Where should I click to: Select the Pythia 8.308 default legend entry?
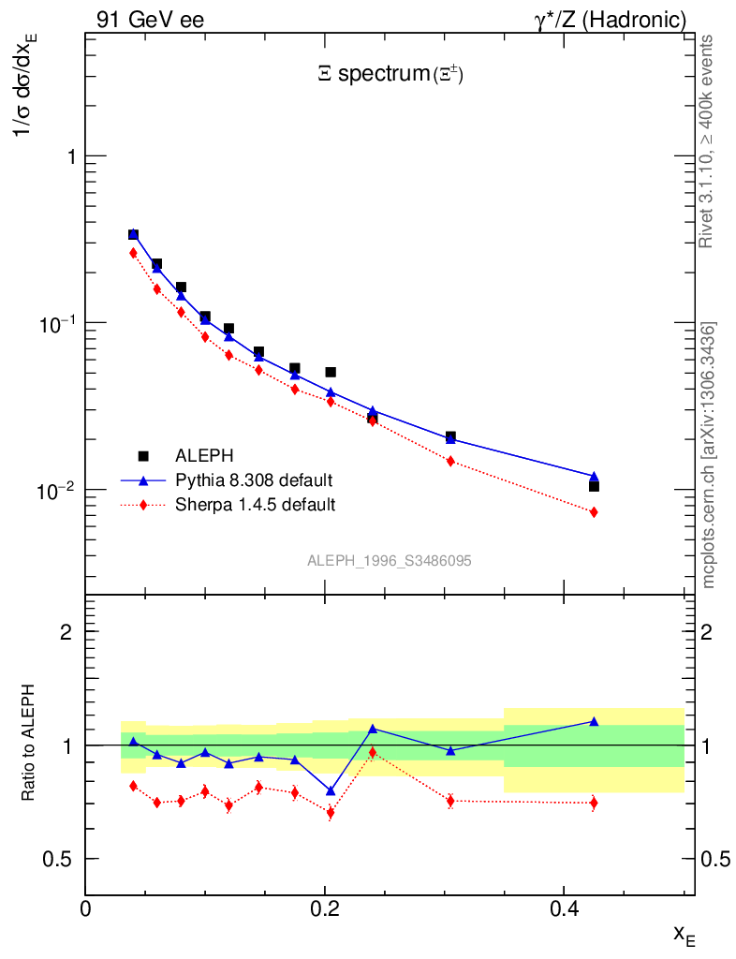pyautogui.click(x=254, y=480)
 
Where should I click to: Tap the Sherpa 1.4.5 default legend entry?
pyautogui.click(x=255, y=505)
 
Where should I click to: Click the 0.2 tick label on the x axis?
pyautogui.click(x=324, y=907)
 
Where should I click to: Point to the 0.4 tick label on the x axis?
pyautogui.click(x=563, y=907)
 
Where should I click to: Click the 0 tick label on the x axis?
pyautogui.click(x=86, y=907)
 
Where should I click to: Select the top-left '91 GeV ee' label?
pyautogui.click(x=150, y=20)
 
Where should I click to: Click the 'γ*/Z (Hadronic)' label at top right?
pyautogui.click(x=610, y=20)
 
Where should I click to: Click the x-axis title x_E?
pyautogui.click(x=684, y=934)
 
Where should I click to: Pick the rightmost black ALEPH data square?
pyautogui.click(x=594, y=486)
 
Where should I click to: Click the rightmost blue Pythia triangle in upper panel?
pyautogui.click(x=594, y=477)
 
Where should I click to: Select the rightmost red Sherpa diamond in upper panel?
pyautogui.click(x=594, y=512)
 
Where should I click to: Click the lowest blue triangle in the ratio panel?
pyautogui.click(x=331, y=791)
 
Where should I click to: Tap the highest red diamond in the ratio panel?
pyautogui.click(x=373, y=752)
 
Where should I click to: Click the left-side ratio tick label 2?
pyautogui.click(x=66, y=631)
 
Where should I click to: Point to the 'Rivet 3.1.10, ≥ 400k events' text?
pyautogui.click(x=707, y=141)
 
